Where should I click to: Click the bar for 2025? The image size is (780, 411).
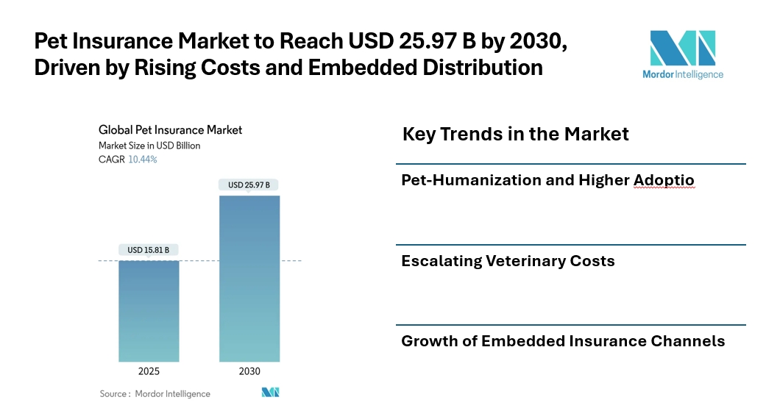(149, 310)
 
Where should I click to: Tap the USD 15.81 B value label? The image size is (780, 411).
(149, 250)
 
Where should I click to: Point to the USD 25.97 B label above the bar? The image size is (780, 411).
(249, 185)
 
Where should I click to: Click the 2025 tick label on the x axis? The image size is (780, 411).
(149, 371)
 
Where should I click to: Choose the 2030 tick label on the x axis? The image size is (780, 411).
(249, 371)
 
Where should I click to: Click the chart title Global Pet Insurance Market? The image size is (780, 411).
(170, 130)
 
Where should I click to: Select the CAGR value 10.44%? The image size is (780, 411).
(142, 159)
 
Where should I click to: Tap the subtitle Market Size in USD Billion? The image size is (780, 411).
(149, 146)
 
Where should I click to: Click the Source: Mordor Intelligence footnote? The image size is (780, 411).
(155, 394)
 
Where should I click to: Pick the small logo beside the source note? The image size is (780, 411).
(270, 393)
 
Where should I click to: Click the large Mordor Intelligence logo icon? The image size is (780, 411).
(682, 49)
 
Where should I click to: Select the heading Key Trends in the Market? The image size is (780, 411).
(515, 135)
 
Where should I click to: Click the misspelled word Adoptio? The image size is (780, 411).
(664, 180)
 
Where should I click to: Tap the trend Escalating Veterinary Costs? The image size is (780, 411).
(508, 261)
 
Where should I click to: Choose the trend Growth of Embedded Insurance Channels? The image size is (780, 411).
(563, 341)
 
